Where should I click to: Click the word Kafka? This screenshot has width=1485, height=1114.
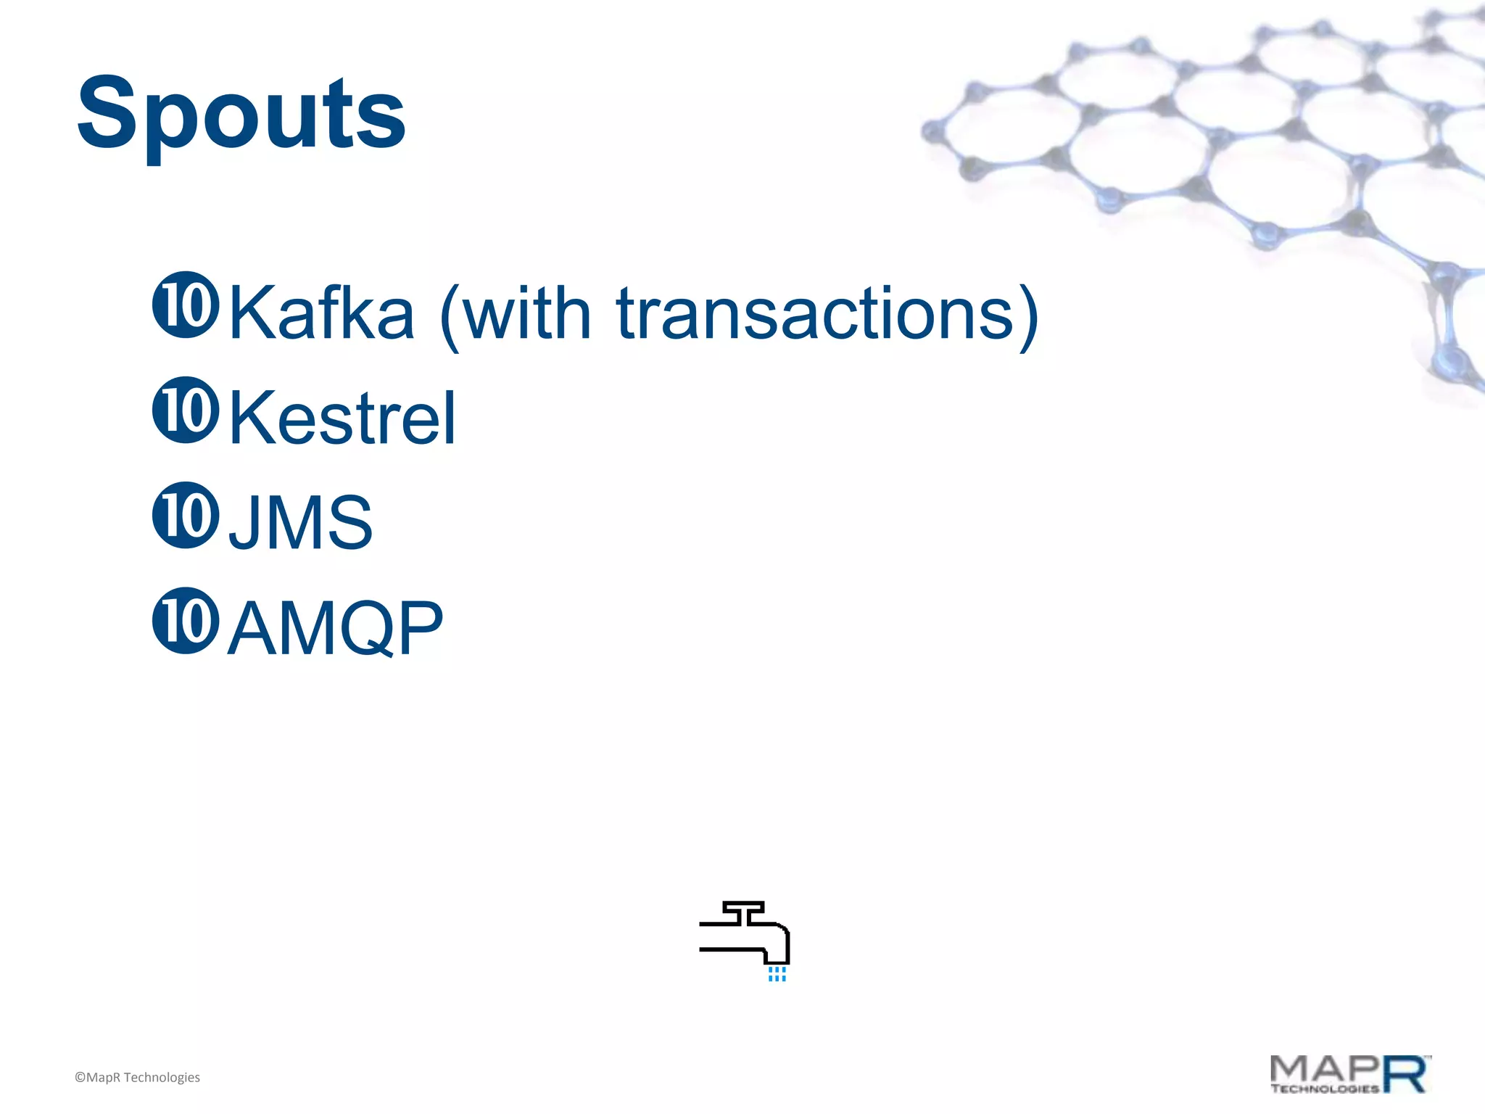pos(321,313)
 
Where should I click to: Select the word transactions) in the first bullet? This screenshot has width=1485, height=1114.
pos(827,313)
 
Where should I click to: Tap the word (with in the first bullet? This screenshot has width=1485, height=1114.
pos(516,313)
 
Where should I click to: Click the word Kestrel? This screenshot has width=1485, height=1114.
pos(342,418)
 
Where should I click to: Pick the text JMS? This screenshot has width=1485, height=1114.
pos(300,522)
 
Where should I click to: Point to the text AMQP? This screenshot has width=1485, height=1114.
pos(335,628)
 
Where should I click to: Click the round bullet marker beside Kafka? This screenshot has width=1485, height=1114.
pos(186,305)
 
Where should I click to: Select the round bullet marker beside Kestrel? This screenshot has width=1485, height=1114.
pos(186,410)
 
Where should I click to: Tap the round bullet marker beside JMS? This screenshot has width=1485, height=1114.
pos(186,515)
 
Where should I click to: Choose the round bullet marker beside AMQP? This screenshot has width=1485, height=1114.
pos(186,620)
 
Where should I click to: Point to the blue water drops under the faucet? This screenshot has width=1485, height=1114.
pos(777,974)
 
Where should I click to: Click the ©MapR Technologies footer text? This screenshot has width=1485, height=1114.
pos(137,1078)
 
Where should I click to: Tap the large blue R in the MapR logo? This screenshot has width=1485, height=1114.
pos(1407,1074)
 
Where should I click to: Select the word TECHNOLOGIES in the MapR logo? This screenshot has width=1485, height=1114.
pos(1324,1089)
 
